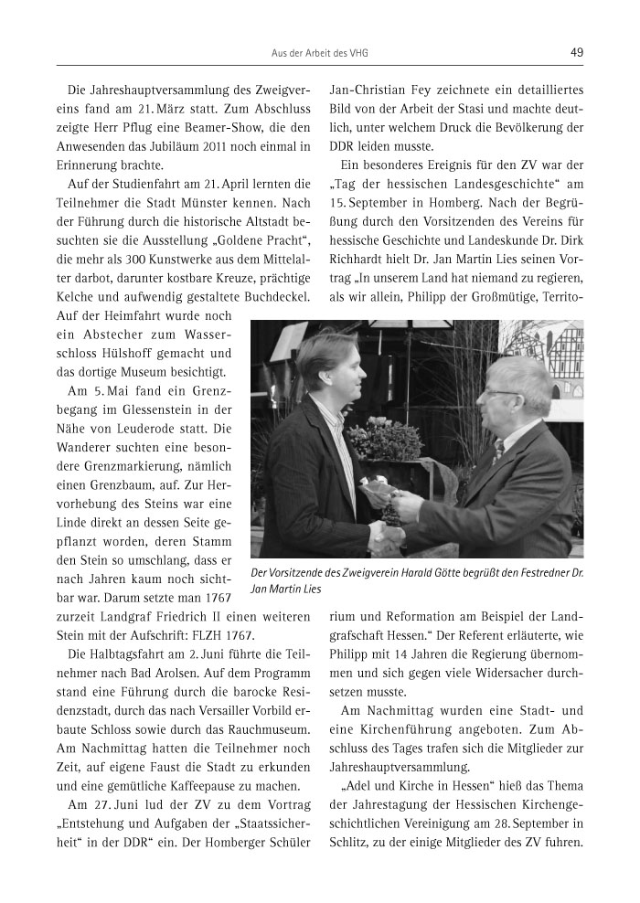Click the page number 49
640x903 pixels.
pyautogui.click(x=576, y=53)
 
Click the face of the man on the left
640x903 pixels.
pyautogui.click(x=327, y=367)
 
